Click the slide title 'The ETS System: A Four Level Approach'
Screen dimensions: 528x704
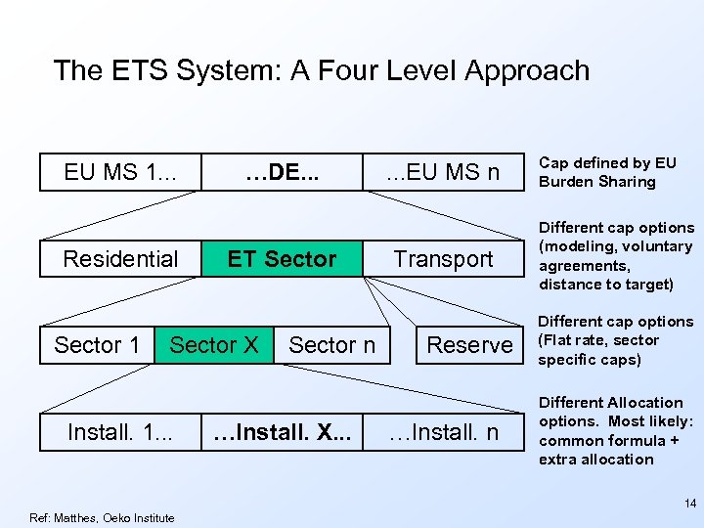(x=322, y=70)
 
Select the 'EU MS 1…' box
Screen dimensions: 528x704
(x=120, y=172)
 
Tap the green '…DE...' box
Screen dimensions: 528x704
(x=282, y=172)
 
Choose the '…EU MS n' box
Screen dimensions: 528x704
(x=442, y=172)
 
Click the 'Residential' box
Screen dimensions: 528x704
(x=120, y=259)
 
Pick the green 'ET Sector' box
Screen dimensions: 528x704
(x=282, y=259)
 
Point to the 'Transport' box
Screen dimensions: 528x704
(x=443, y=259)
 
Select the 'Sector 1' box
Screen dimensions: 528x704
(x=97, y=345)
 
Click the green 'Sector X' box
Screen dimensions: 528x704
(x=213, y=345)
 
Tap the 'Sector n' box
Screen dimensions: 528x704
(x=331, y=345)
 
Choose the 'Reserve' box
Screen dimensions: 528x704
(x=469, y=345)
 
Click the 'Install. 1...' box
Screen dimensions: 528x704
(x=120, y=431)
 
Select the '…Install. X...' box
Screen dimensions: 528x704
(x=282, y=431)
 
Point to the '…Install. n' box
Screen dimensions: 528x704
(x=443, y=431)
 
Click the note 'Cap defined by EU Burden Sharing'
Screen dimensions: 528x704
(x=607, y=172)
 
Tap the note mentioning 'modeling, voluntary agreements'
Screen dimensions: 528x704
(x=616, y=256)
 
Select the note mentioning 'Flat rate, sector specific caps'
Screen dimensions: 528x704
(x=616, y=340)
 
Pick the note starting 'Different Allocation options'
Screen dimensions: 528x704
(x=616, y=430)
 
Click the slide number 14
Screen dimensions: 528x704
(x=689, y=504)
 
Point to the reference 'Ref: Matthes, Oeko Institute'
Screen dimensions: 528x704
(x=103, y=518)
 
